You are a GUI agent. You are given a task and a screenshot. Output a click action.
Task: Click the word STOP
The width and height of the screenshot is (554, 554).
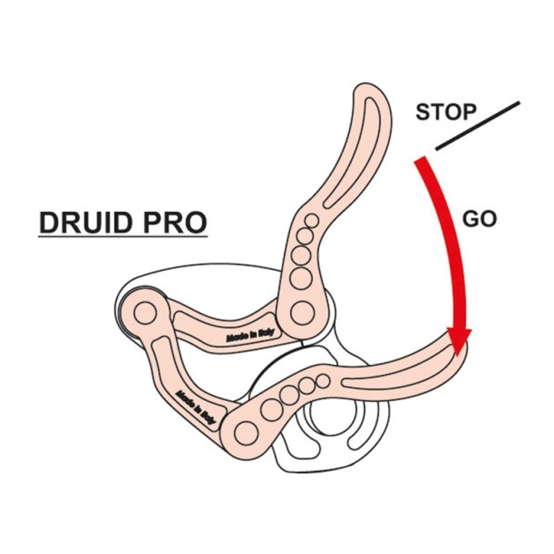coord(445,113)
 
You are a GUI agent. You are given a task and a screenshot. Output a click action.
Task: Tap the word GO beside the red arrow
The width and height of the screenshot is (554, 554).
coord(479,219)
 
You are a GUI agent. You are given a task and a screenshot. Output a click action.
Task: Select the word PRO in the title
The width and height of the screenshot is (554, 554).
coord(175,222)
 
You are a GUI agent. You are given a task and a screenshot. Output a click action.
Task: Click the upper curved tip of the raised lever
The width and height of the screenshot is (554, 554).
coord(368,95)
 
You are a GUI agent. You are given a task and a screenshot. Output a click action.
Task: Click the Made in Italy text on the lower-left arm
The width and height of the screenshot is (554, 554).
coord(196,407)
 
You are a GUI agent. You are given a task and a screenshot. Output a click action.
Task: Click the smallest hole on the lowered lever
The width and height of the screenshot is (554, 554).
coord(324,381)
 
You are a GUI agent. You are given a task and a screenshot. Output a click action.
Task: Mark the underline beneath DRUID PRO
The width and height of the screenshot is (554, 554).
coord(122,237)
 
